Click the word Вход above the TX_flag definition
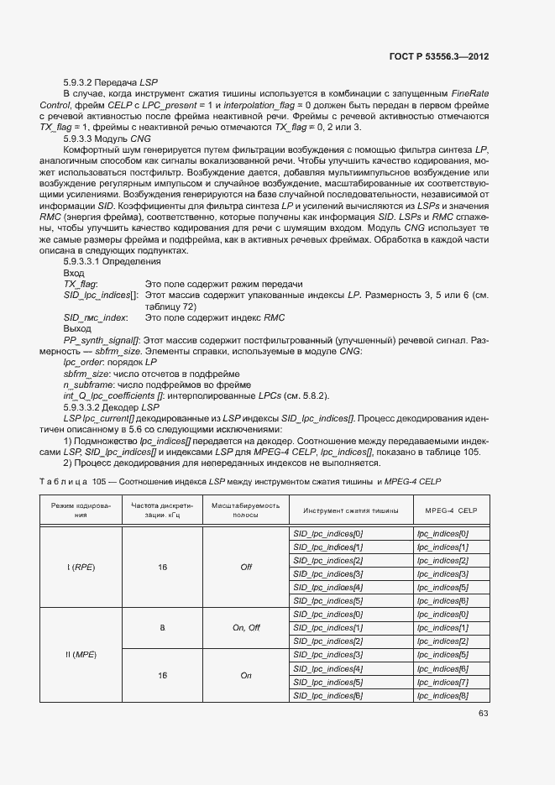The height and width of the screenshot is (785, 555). (x=75, y=273)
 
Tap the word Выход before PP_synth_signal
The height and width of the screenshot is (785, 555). (x=78, y=328)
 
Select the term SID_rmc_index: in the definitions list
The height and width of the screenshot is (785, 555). (x=96, y=317)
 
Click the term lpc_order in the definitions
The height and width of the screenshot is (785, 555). (x=85, y=361)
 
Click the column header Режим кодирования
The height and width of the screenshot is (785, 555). (x=81, y=510)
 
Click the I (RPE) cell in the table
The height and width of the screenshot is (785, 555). (x=81, y=567)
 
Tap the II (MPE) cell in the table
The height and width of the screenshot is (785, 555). (x=81, y=655)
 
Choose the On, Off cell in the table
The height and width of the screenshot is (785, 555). (x=246, y=627)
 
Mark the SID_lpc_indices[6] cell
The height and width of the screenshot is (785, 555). (x=327, y=695)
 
